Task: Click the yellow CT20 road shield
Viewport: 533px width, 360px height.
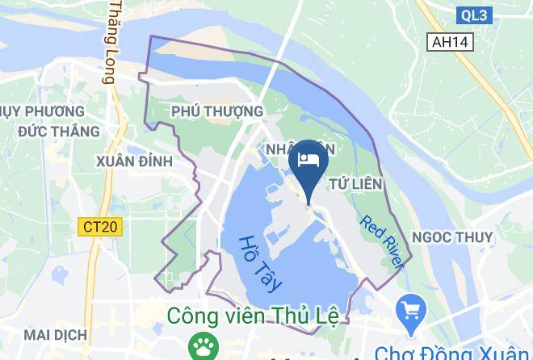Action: (x=101, y=227)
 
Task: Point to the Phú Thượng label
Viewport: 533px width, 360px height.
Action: (x=217, y=111)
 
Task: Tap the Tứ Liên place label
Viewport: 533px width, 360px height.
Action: (x=355, y=185)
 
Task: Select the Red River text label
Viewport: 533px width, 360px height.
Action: (x=382, y=241)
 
